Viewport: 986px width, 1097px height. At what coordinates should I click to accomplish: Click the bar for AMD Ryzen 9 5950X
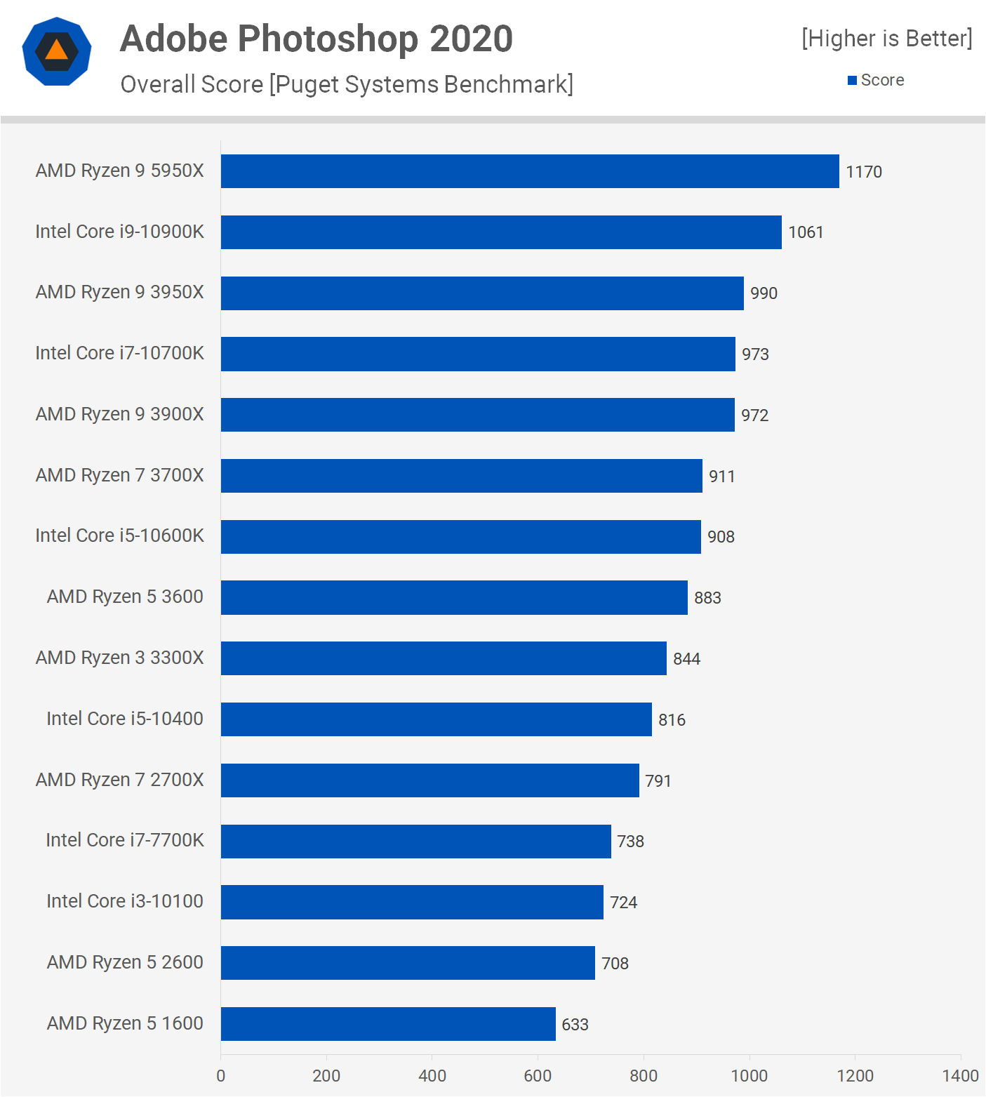click(x=530, y=171)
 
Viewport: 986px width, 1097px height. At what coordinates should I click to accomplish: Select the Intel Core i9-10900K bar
click(x=501, y=232)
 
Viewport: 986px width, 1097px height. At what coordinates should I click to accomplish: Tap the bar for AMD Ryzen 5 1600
click(x=388, y=1024)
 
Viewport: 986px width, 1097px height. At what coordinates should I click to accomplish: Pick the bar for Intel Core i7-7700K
click(x=415, y=842)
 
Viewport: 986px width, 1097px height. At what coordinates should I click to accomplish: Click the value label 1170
click(x=863, y=172)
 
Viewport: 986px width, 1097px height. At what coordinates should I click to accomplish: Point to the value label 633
click(x=575, y=1025)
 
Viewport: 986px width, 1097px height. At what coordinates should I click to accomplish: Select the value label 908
click(x=721, y=537)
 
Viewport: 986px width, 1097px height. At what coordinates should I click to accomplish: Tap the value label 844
click(x=686, y=659)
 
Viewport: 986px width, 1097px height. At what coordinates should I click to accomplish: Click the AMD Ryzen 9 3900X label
click(x=119, y=414)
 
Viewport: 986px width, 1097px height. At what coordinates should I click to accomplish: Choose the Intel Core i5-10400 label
click(x=124, y=719)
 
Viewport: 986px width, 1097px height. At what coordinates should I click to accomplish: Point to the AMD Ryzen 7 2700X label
click(x=119, y=780)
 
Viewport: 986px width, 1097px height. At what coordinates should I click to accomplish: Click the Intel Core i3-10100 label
click(x=124, y=901)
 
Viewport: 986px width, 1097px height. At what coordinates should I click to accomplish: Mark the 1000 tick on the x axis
click(x=749, y=1076)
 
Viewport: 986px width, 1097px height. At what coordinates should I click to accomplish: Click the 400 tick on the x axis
click(x=432, y=1076)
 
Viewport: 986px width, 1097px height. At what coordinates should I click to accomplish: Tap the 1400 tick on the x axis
click(x=960, y=1076)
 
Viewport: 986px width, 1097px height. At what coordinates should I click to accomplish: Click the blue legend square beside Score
click(x=852, y=81)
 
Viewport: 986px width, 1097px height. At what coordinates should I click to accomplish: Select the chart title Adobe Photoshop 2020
click(x=317, y=39)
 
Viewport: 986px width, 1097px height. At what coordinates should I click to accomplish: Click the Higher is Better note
click(x=886, y=39)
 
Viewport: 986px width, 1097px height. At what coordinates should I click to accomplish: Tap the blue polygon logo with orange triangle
click(x=57, y=51)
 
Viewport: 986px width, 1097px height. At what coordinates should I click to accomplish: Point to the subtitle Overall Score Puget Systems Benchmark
click(x=347, y=84)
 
